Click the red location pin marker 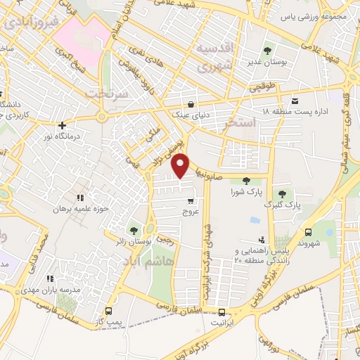(x=181, y=165)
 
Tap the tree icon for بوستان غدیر (x=268, y=51)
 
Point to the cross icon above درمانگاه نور (x=62, y=125)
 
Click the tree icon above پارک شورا (x=245, y=181)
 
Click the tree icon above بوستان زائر (x=134, y=229)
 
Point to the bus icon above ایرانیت (x=222, y=312)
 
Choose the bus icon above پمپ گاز (x=108, y=311)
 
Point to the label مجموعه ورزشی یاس (x=314, y=15)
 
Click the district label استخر (x=238, y=123)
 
